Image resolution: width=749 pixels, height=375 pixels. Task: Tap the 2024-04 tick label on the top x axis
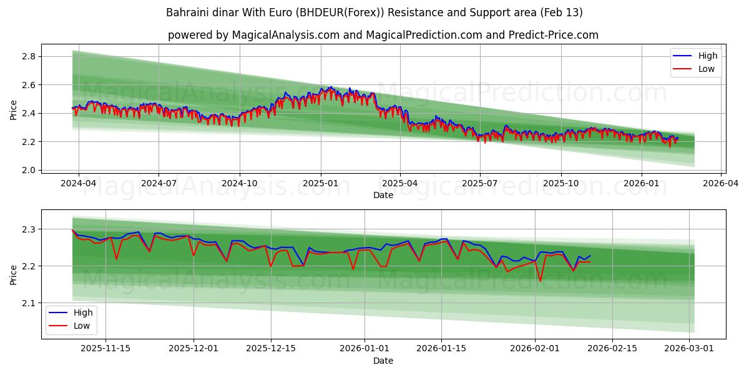point(79,184)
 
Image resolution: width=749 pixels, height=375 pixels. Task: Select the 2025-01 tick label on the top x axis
point(321,184)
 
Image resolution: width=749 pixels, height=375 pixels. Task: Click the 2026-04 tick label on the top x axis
point(721,184)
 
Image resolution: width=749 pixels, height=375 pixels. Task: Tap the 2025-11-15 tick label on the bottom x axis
point(105,348)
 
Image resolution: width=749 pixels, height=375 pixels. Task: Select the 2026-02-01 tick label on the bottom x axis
point(535,348)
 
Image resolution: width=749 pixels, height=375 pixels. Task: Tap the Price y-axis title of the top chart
point(14,110)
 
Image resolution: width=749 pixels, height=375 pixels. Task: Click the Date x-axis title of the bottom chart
point(383,361)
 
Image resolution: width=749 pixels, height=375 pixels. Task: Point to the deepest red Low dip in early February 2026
point(541,281)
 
